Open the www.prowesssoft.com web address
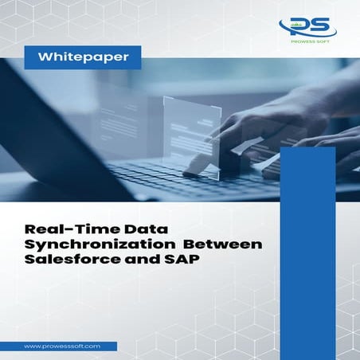click(61, 346)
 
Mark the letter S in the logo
click(315, 26)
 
